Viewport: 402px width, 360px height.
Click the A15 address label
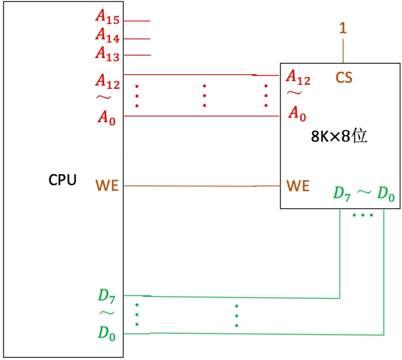click(x=107, y=17)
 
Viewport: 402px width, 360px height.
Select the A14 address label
click(x=107, y=35)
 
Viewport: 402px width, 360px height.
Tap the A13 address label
click(x=107, y=53)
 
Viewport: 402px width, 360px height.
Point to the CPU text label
click(x=62, y=180)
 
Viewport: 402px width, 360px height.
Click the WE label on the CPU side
click(x=107, y=186)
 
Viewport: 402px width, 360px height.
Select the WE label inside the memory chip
click(x=298, y=186)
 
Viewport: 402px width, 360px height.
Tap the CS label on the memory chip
click(x=344, y=78)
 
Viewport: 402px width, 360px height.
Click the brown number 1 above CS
click(x=343, y=29)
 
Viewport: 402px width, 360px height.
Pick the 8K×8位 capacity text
click(x=338, y=136)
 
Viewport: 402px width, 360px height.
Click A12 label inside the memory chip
click(x=298, y=77)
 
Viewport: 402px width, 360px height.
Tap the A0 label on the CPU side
click(x=106, y=117)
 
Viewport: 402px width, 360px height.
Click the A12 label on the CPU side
click(x=107, y=81)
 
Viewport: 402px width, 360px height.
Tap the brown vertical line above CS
click(x=343, y=50)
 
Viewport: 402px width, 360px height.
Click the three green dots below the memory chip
click(x=363, y=214)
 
